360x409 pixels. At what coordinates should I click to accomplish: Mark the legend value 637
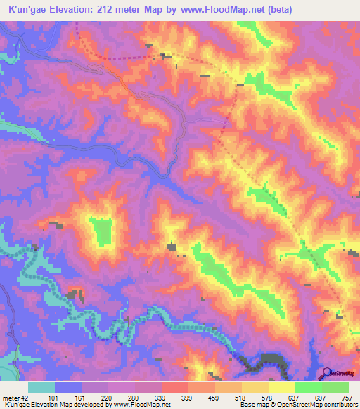click(293, 398)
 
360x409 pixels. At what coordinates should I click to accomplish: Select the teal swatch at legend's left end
click(41, 387)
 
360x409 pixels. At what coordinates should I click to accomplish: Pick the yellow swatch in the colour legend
click(281, 387)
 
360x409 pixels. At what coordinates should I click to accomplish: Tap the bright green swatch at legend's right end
click(335, 387)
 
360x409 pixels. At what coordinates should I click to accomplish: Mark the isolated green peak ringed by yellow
click(102, 231)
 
